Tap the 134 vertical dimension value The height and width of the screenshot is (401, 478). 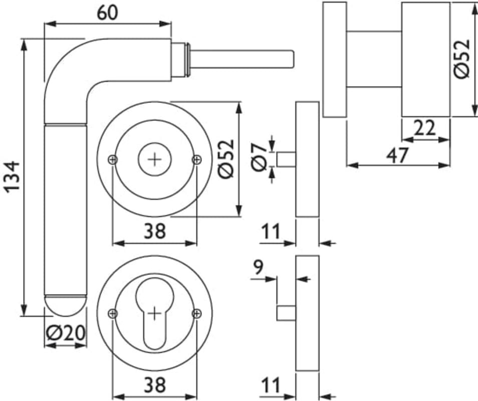pyautogui.click(x=12, y=176)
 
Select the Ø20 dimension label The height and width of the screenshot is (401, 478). pyautogui.click(x=65, y=332)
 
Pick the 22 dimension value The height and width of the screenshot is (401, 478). pyautogui.click(x=425, y=129)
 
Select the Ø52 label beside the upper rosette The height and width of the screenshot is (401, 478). pyautogui.click(x=226, y=158)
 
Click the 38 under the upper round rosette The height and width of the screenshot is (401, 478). pyautogui.click(x=155, y=232)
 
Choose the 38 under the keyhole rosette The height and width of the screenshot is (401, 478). pyautogui.click(x=155, y=385)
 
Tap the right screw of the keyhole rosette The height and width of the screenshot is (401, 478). pyautogui.click(x=196, y=314)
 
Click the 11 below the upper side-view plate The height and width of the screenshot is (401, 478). pyautogui.click(x=271, y=232)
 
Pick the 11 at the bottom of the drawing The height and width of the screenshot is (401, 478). pyautogui.click(x=271, y=385)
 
